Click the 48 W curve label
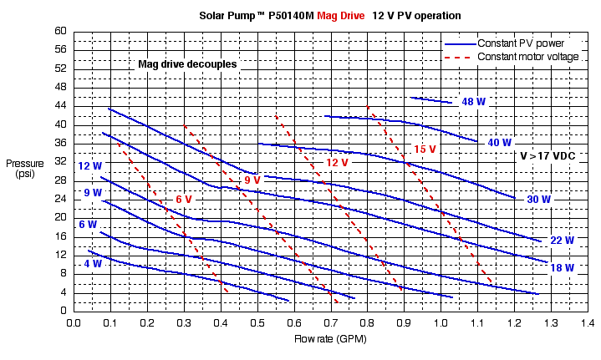click(474, 102)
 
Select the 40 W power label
click(500, 143)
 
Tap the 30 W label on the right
click(539, 200)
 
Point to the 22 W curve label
click(562, 241)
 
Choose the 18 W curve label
click(562, 268)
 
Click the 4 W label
click(93, 264)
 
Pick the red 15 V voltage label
click(425, 150)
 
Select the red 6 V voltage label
click(184, 200)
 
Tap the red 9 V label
click(252, 180)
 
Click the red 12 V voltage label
click(337, 163)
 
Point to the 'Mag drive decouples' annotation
click(187, 63)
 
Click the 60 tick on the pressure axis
click(60, 31)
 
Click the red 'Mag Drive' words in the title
click(341, 16)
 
